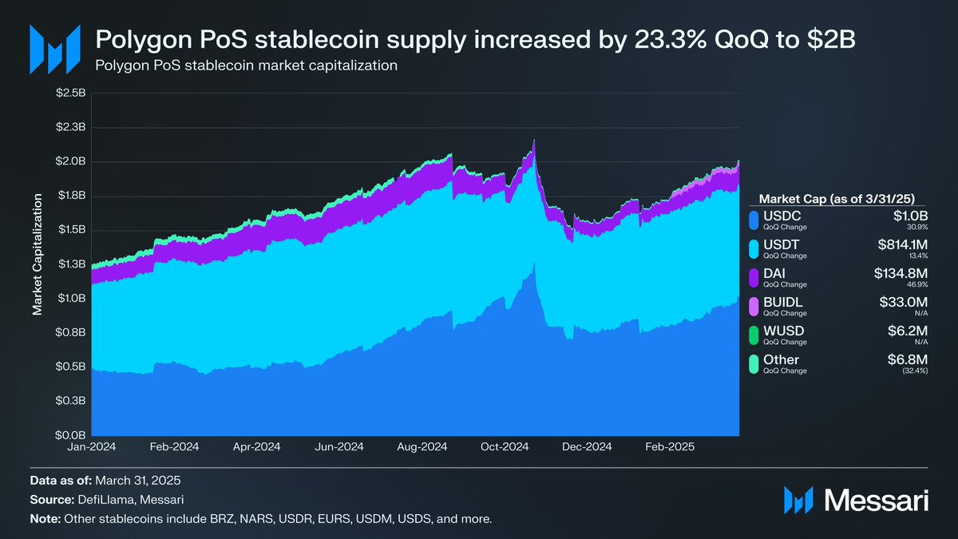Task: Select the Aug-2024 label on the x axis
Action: pos(423,448)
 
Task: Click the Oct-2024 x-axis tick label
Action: pos(505,448)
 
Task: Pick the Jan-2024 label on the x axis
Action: pos(92,448)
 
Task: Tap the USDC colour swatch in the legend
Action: pos(753,219)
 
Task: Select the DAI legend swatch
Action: pos(753,278)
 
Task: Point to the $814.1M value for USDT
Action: pos(897,244)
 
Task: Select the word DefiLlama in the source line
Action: pos(98,500)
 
